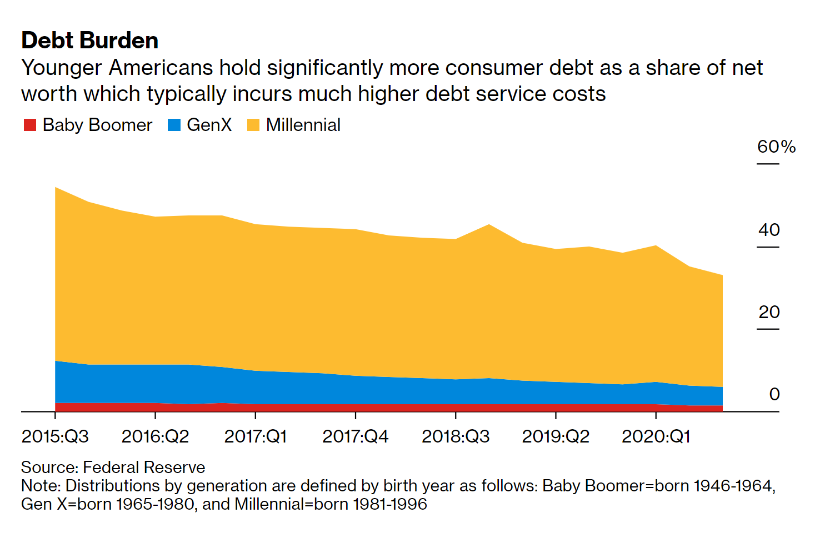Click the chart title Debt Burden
tap(90, 41)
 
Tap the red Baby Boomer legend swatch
tap(29, 125)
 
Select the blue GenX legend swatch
tap(174, 125)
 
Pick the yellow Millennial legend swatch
tap(253, 125)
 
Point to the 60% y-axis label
tap(776, 147)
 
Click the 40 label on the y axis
tap(769, 230)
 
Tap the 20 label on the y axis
tap(769, 312)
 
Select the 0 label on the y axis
tap(774, 394)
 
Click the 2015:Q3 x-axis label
tap(55, 436)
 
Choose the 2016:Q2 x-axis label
tap(155, 436)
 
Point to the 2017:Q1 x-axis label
tap(256, 436)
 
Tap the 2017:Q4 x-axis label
tap(356, 436)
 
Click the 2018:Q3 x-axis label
tap(456, 436)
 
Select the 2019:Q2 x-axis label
tap(556, 436)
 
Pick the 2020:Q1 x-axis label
tap(656, 436)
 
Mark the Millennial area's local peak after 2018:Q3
tap(489, 225)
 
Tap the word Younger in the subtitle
tap(62, 68)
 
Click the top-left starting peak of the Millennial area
tap(56, 188)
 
